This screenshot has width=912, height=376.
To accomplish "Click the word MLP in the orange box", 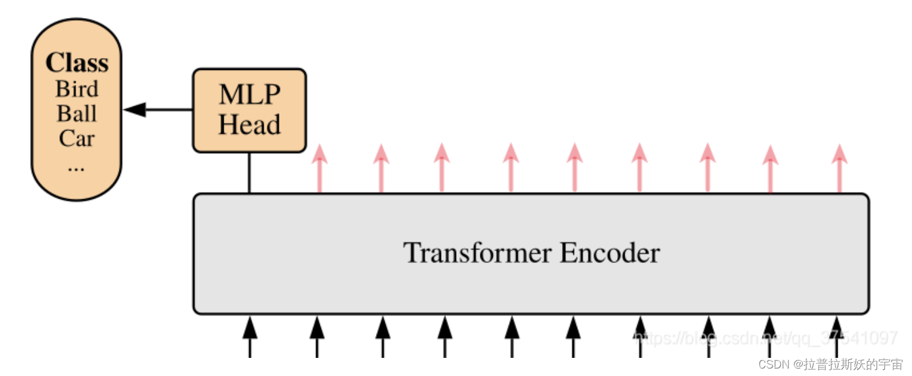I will pyautogui.click(x=249, y=95).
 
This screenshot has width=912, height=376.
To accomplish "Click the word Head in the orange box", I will pyautogui.click(x=249, y=125).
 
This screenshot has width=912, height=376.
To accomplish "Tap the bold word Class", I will pyautogui.click(x=77, y=63).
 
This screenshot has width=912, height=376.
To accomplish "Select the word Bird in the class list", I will pyautogui.click(x=77, y=89).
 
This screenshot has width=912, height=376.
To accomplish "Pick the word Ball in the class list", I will pyautogui.click(x=77, y=114).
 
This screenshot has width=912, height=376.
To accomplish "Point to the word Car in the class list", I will pyautogui.click(x=77, y=138).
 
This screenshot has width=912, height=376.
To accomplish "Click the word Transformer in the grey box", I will pyautogui.click(x=477, y=253).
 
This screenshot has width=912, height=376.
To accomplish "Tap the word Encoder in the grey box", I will pyautogui.click(x=610, y=253).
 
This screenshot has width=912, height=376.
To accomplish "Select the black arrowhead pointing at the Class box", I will pyautogui.click(x=134, y=110).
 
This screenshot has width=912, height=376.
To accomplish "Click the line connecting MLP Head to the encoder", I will pyautogui.click(x=249, y=173).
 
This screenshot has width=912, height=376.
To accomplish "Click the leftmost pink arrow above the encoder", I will pyautogui.click(x=319, y=167).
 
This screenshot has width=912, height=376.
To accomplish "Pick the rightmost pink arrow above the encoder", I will pyautogui.click(x=840, y=167).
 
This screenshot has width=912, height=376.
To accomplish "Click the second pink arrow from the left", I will pyautogui.click(x=381, y=167).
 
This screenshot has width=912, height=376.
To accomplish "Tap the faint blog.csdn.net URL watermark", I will pyautogui.click(x=765, y=339).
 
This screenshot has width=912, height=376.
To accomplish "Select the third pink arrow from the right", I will pyautogui.click(x=707, y=167).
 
